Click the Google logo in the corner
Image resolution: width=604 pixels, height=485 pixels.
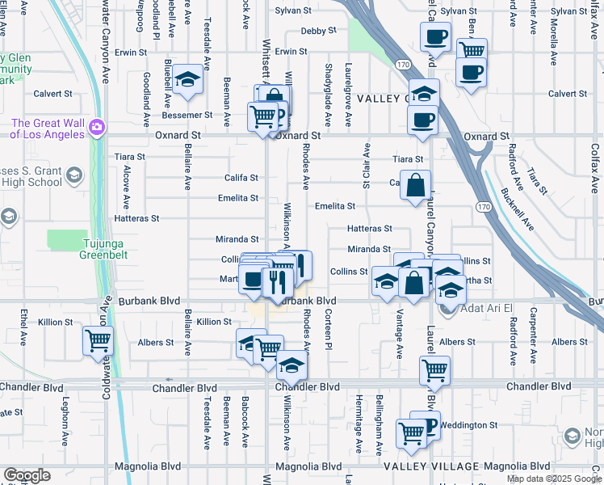(27, 475)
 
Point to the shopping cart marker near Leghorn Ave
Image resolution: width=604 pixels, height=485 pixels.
(98, 340)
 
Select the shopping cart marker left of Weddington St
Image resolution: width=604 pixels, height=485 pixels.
(411, 434)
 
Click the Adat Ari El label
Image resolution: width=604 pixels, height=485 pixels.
(488, 309)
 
